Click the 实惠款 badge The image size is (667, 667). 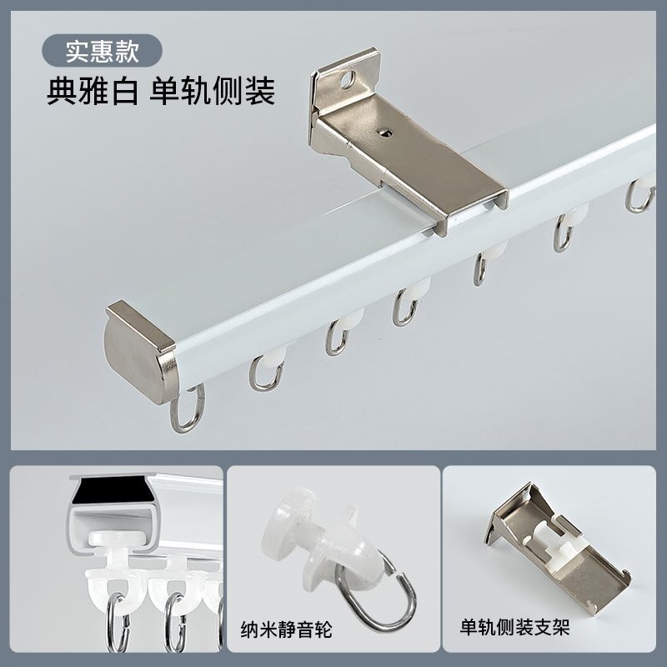pyautogui.click(x=102, y=51)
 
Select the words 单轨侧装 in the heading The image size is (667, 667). pyautogui.click(x=213, y=91)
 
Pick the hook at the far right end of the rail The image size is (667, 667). pyautogui.click(x=640, y=197)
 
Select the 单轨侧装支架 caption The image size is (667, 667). pyautogui.click(x=515, y=627)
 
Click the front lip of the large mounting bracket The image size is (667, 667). pyautogui.click(x=467, y=208)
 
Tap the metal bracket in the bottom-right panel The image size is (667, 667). pyautogui.click(x=559, y=546)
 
